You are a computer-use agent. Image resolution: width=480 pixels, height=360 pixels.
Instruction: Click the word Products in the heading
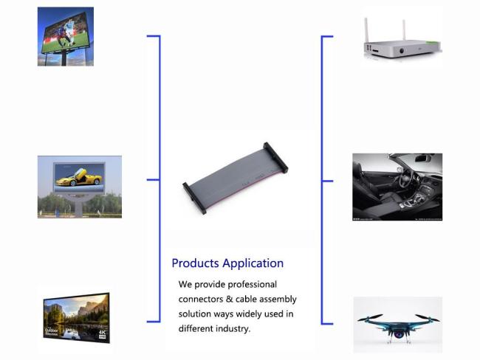click(x=195, y=263)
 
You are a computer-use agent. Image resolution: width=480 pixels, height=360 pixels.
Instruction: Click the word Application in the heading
click(x=253, y=263)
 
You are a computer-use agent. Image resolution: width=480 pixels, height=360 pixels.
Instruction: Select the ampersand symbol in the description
click(x=229, y=299)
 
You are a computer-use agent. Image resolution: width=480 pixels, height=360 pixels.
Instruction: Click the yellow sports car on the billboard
click(x=79, y=177)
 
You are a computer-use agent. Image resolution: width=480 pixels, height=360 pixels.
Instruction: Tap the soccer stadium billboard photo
click(x=66, y=36)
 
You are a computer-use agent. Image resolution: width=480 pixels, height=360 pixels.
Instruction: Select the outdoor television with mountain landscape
click(x=77, y=318)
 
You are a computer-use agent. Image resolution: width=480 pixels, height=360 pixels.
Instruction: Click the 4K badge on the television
click(x=102, y=334)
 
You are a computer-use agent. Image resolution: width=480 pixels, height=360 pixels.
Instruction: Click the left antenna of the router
click(x=366, y=31)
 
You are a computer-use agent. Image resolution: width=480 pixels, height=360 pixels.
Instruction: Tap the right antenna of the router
click(x=404, y=30)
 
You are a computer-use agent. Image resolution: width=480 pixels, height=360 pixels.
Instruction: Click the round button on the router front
click(x=402, y=51)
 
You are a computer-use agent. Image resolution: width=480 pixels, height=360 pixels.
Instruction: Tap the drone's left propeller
click(x=370, y=318)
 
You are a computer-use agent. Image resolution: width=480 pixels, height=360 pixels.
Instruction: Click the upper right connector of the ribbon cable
click(x=276, y=158)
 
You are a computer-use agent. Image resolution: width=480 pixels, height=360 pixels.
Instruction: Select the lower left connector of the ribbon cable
click(x=194, y=198)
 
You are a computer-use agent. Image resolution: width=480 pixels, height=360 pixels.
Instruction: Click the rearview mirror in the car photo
click(x=422, y=159)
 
